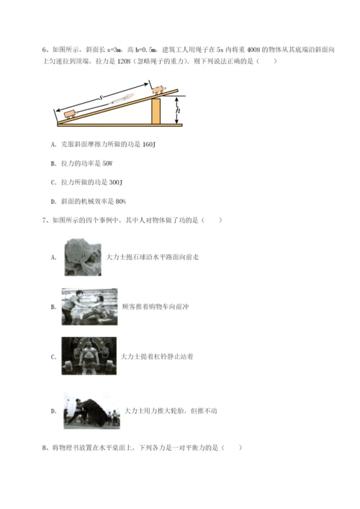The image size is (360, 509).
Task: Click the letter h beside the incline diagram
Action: pos(178,109)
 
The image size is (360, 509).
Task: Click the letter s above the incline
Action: pos(101,97)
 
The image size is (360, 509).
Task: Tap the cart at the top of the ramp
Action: pos(158,89)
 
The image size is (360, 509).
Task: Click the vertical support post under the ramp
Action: pos(156,112)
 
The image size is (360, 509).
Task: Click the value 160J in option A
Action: pos(149,145)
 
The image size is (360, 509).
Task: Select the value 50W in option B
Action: pos(107,163)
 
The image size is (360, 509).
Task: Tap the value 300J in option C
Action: pos(116,182)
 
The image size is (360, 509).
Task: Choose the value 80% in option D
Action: pos(120,202)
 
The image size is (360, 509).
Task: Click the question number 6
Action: pos(44,50)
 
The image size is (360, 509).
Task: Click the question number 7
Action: pos(44,220)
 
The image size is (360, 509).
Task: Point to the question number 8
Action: pos(44,448)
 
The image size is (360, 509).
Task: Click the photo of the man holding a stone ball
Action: pos(83,257)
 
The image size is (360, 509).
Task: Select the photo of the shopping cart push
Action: pos(89,307)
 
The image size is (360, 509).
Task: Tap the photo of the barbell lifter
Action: pos(89,356)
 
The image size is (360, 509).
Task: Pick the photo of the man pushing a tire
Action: pos(91,410)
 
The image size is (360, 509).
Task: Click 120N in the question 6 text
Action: pos(123,61)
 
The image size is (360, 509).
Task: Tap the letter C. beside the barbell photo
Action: pos(53,357)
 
